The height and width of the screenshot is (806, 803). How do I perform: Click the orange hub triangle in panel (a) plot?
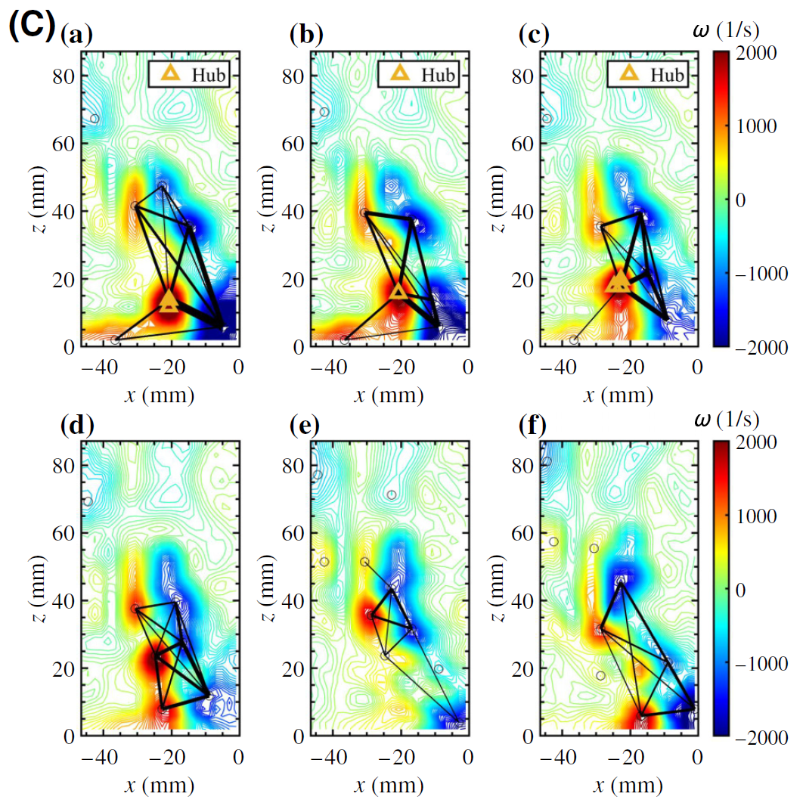169,302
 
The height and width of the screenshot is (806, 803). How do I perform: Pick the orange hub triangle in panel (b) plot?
398,293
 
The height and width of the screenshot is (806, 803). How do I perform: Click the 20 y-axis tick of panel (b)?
294,280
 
